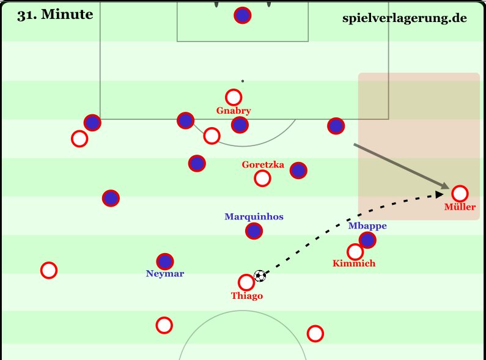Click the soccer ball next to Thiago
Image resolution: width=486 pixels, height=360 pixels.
click(x=260, y=276)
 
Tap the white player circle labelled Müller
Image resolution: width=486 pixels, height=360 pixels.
click(x=460, y=194)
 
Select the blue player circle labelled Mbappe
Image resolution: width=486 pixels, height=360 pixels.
click(x=367, y=240)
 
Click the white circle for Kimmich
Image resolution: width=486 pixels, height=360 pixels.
click(x=355, y=252)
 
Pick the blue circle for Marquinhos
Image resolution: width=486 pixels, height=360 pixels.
click(x=254, y=231)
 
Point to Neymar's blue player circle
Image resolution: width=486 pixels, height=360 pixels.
click(x=165, y=262)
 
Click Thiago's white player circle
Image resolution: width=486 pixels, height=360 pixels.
click(x=246, y=282)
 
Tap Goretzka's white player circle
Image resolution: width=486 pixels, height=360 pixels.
click(x=262, y=178)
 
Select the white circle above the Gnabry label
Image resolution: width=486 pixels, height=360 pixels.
click(x=234, y=97)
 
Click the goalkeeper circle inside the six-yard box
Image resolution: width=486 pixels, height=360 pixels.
click(x=243, y=16)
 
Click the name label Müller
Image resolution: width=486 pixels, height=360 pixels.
click(x=460, y=207)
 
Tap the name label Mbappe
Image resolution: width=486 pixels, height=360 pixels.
click(x=367, y=226)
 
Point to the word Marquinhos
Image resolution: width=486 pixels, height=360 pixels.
click(x=254, y=216)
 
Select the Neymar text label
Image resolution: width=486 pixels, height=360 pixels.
click(x=165, y=274)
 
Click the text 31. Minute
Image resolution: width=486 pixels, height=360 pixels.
click(x=55, y=15)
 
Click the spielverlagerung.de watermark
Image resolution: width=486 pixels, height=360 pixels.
click(x=405, y=18)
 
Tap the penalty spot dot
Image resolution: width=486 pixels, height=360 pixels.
click(x=243, y=81)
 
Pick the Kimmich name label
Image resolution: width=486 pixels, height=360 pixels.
click(x=354, y=263)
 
